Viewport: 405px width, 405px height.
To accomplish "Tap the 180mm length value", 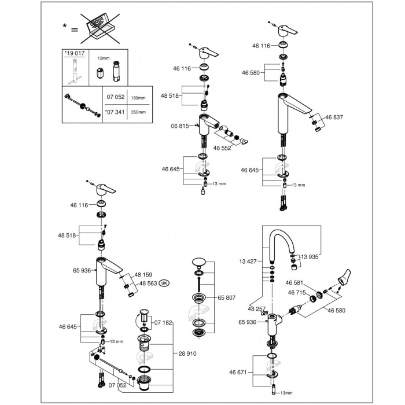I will click(x=138, y=98).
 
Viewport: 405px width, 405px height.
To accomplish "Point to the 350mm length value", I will click(x=138, y=112).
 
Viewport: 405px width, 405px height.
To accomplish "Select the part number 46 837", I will click(x=334, y=117).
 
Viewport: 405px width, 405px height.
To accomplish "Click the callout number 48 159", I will click(x=145, y=275).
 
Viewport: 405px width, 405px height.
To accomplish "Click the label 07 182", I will click(x=164, y=322).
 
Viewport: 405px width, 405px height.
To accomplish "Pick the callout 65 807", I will click(x=227, y=297).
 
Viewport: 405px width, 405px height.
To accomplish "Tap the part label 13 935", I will click(x=309, y=256).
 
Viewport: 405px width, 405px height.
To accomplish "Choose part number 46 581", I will click(x=294, y=283).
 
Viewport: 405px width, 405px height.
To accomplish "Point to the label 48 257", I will click(x=257, y=308).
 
